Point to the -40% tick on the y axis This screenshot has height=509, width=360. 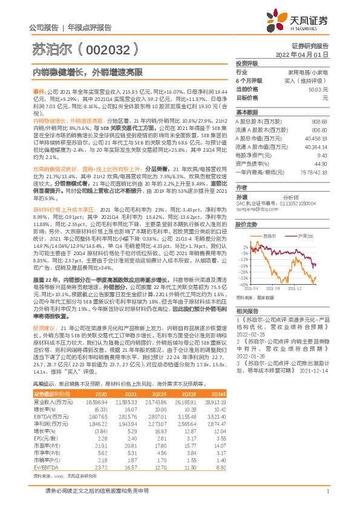click(x=243, y=284)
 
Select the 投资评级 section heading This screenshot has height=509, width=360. click(x=247, y=63)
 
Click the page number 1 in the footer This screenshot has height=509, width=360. click(x=327, y=491)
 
